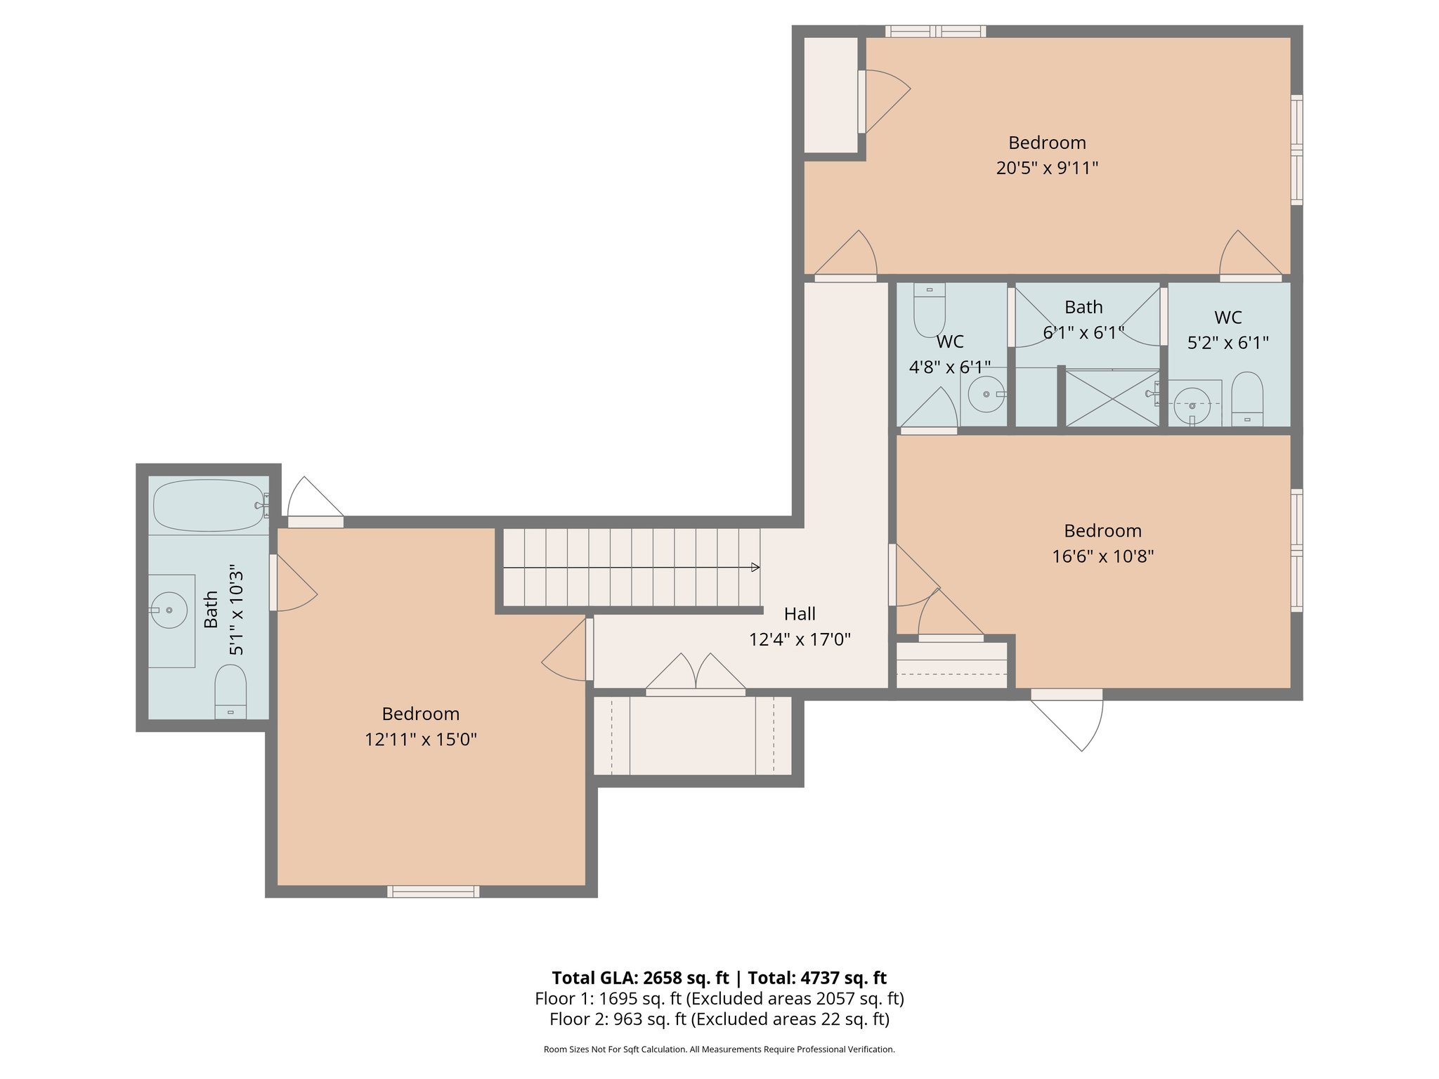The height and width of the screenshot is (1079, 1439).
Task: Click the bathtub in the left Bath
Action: tap(209, 505)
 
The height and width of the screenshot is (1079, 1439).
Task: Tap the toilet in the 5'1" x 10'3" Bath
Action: tap(230, 691)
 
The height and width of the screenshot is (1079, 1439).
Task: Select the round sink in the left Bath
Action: tap(169, 610)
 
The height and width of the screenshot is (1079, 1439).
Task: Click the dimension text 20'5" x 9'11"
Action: tap(1047, 168)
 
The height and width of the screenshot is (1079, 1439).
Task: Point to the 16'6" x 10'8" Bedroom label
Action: tap(1102, 543)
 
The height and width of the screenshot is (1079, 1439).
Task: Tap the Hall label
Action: tap(800, 614)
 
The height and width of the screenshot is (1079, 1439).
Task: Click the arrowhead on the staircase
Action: tap(756, 567)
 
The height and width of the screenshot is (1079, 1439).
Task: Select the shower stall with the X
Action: tap(1112, 398)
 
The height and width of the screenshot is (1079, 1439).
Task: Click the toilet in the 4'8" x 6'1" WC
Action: tap(929, 310)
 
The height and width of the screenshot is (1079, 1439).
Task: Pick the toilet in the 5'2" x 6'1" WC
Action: tap(1247, 399)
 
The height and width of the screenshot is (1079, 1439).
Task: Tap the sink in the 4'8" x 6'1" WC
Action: tap(987, 394)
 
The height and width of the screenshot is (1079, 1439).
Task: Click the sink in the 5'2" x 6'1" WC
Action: tap(1192, 405)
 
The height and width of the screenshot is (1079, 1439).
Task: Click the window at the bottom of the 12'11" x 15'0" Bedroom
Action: tap(433, 891)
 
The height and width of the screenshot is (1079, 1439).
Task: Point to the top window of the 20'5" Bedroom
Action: tap(935, 31)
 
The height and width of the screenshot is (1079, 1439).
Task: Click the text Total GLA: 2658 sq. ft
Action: tap(640, 978)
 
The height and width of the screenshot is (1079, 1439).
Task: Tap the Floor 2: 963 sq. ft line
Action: tap(719, 1019)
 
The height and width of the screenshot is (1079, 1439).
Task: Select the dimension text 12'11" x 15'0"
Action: tap(421, 740)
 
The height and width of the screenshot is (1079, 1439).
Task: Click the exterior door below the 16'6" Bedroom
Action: tap(1067, 720)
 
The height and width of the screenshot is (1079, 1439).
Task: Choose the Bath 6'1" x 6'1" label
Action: tap(1083, 320)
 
